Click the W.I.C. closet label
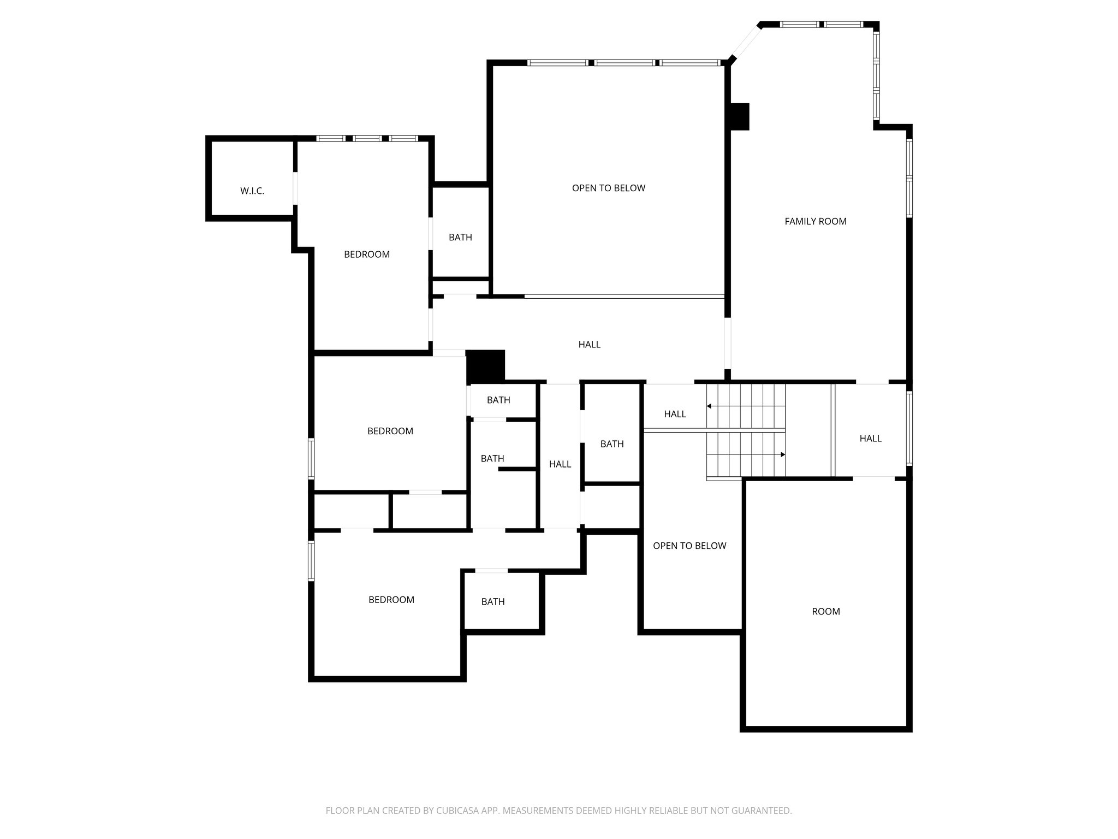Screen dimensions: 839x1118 (252, 191)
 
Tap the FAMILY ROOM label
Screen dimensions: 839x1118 (816, 221)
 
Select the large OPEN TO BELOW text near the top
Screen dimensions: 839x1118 (609, 188)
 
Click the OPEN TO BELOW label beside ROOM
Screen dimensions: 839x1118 (689, 546)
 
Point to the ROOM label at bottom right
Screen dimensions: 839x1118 (826, 611)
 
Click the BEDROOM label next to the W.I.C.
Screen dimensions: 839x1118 (367, 254)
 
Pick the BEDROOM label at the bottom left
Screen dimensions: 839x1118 (391, 600)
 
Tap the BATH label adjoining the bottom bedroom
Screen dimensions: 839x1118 (493, 601)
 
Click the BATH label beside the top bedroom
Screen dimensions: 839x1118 (460, 237)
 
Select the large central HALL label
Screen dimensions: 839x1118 (590, 344)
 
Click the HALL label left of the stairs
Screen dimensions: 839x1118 (675, 414)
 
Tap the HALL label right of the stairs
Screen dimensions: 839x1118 (871, 438)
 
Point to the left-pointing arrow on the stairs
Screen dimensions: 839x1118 (709, 406)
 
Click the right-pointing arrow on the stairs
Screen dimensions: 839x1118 (782, 454)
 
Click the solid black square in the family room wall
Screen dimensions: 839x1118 (740, 116)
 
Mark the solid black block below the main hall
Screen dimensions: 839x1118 (485, 367)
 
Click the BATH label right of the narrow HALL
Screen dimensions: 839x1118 (612, 444)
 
